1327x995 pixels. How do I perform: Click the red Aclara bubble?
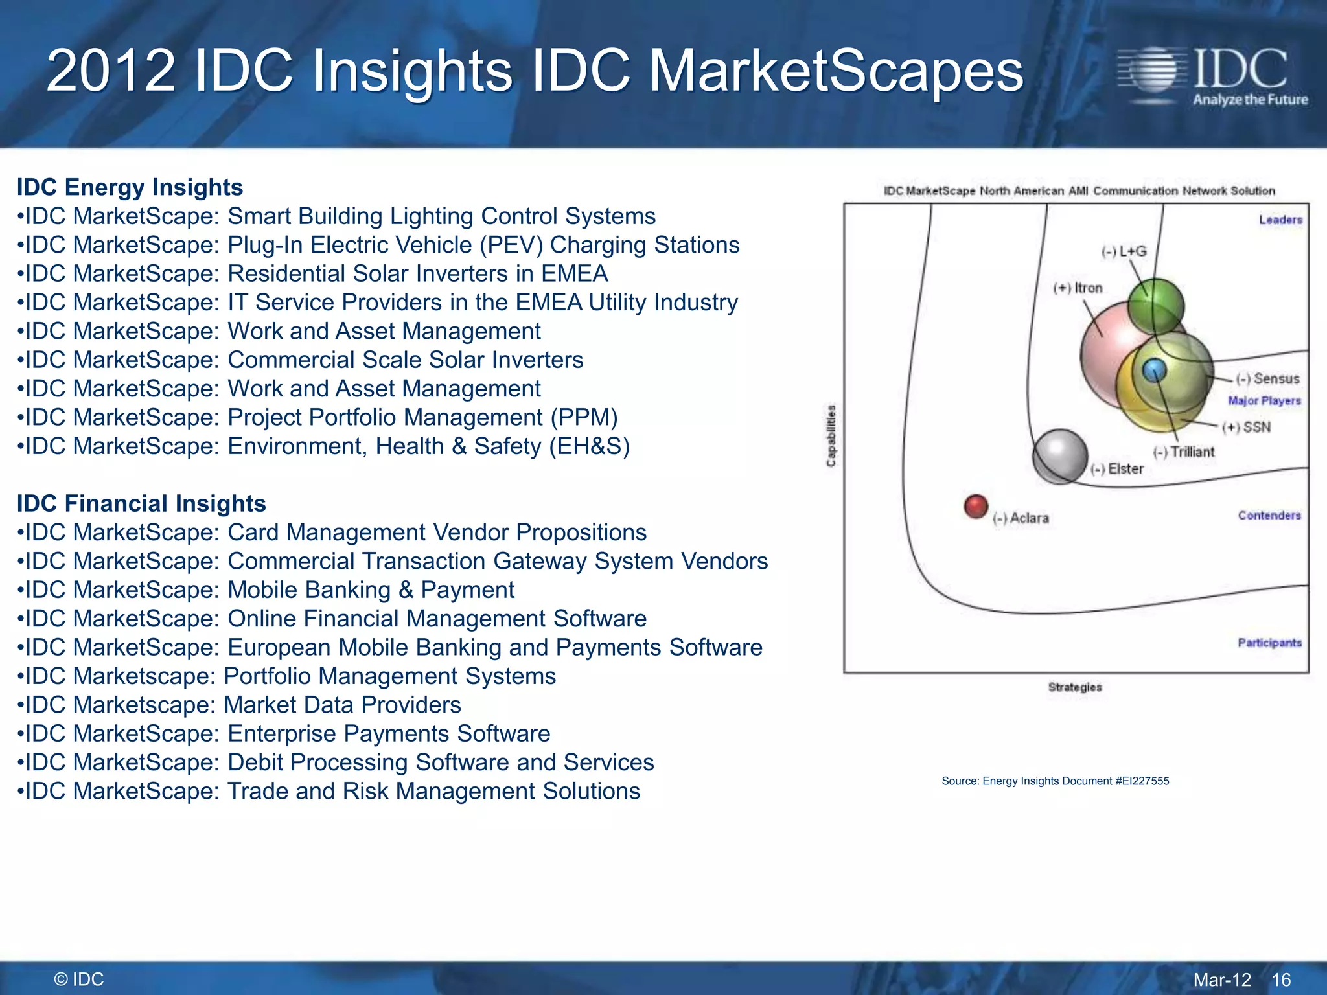(976, 507)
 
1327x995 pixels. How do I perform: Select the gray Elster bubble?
(1059, 456)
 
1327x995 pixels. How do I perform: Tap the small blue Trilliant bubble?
(1154, 370)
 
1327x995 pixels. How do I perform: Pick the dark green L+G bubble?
(1155, 306)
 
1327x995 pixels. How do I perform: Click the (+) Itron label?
(1078, 288)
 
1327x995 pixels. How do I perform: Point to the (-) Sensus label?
(1267, 378)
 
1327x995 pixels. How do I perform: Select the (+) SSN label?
(1246, 427)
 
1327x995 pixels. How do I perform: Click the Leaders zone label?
(1280, 220)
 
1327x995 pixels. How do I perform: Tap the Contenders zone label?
(1269, 515)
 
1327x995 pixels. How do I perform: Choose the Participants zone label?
(1269, 643)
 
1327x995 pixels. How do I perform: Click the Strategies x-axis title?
(1075, 687)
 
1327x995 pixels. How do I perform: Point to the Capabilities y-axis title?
(831, 435)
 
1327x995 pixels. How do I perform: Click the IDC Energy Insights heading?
(130, 187)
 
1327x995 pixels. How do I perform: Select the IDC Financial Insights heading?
(141, 503)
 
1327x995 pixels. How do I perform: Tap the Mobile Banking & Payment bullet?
(266, 589)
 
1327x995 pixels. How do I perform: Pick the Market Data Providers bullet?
(239, 704)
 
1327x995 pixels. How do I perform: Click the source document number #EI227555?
(1142, 781)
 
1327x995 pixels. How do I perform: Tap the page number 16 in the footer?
(1281, 979)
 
